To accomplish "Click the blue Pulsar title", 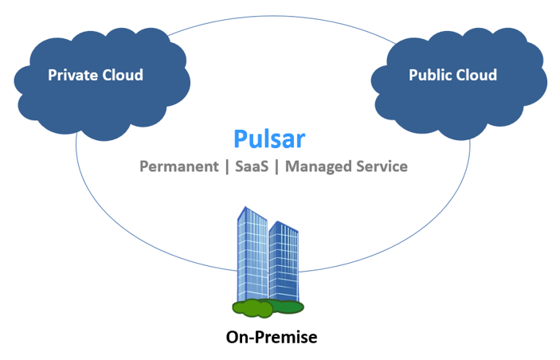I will click(x=269, y=138).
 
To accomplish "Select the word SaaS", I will click(x=250, y=166).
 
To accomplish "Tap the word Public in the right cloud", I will click(x=431, y=76).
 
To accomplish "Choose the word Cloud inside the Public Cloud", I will click(x=476, y=76).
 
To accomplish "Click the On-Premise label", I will click(x=272, y=337).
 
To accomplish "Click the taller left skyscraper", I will click(x=253, y=255).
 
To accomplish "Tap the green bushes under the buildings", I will click(x=268, y=307).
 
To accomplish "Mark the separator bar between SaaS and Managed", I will click(x=276, y=166).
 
